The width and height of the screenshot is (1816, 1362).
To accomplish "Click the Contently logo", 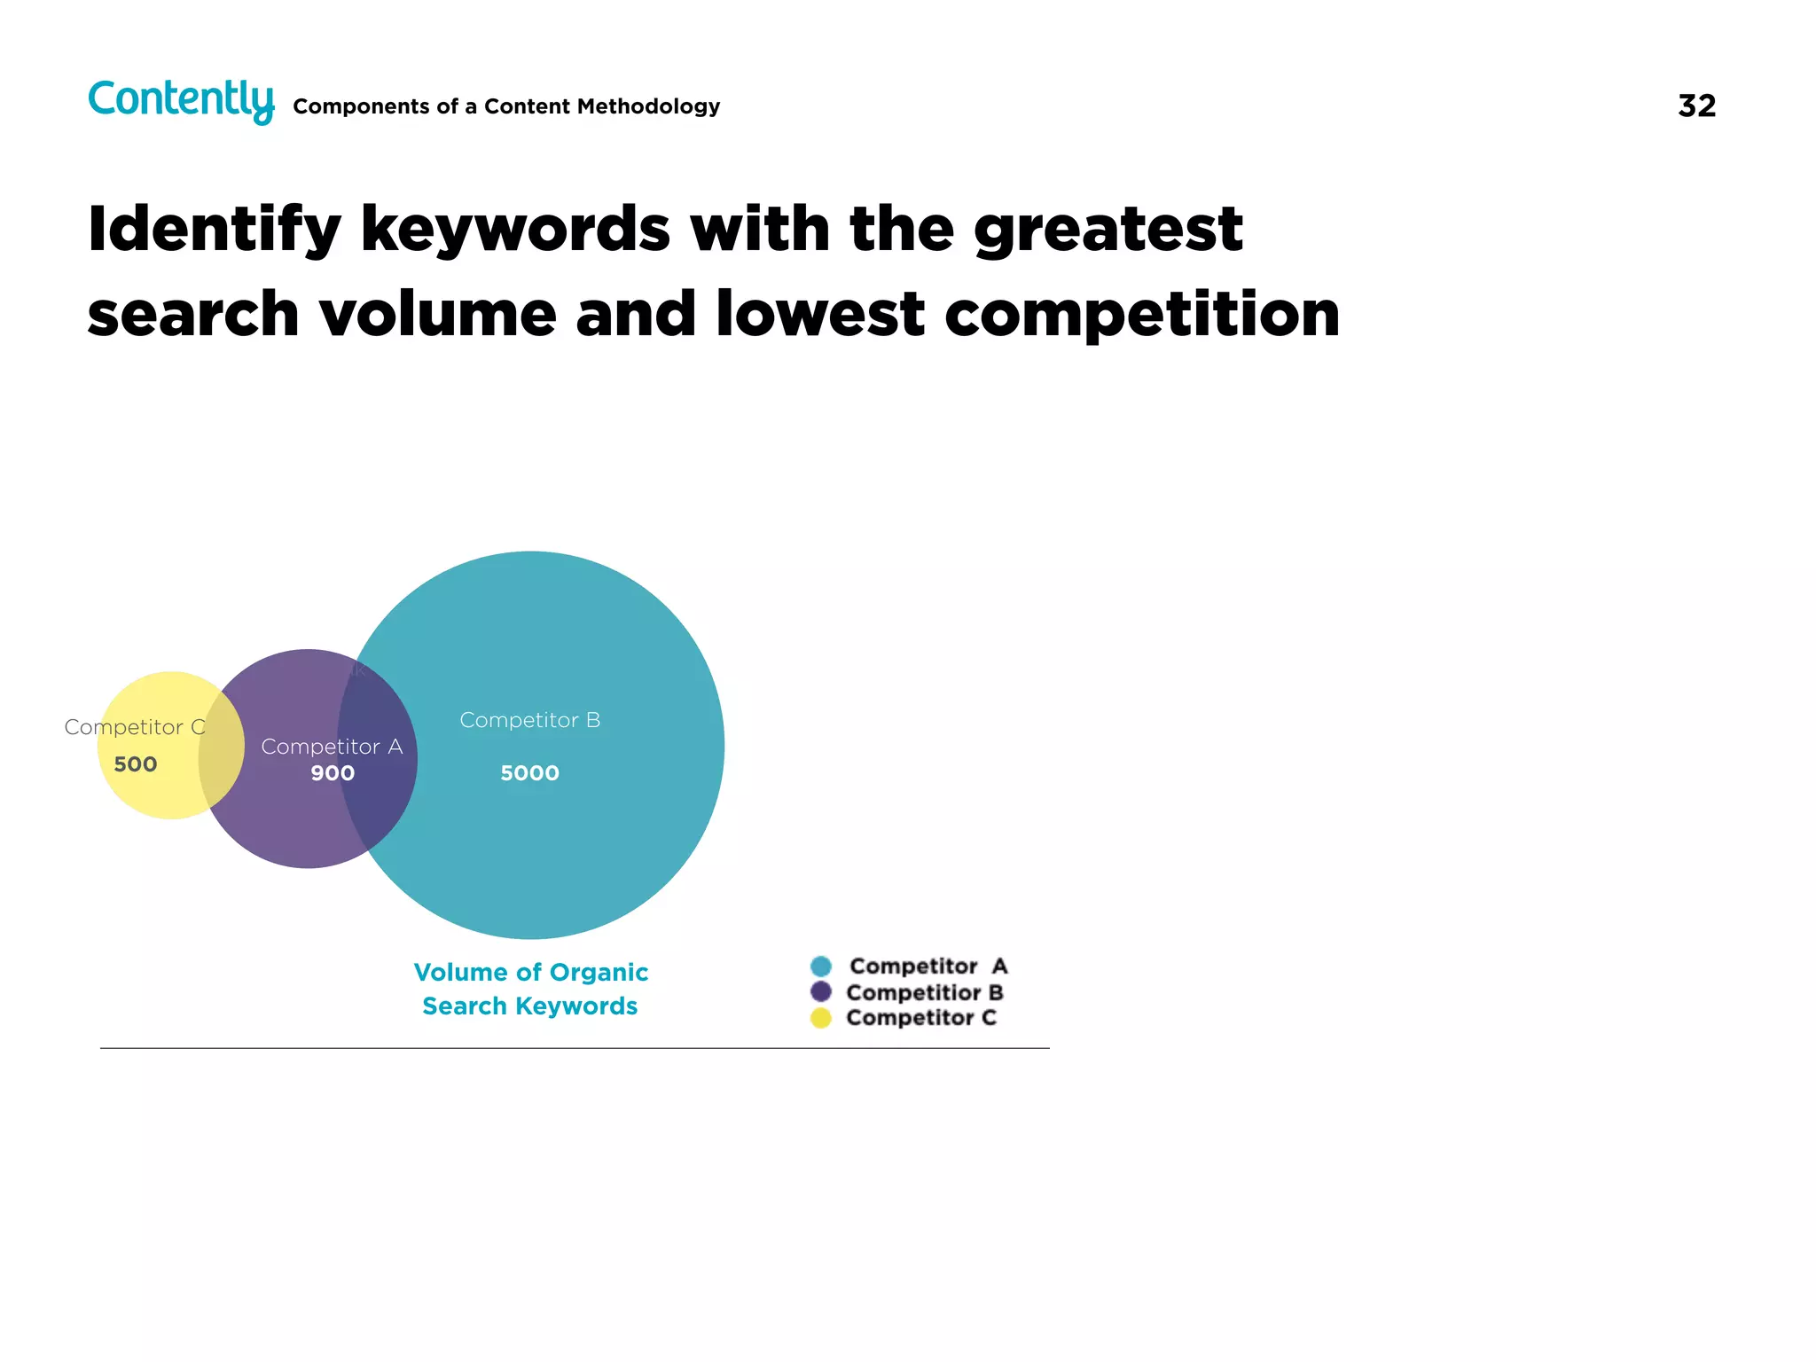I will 181,100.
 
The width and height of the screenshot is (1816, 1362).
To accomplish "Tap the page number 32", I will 1696,106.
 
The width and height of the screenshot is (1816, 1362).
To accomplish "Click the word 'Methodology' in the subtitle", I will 647,106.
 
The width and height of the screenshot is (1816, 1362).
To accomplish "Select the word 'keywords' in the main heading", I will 514,229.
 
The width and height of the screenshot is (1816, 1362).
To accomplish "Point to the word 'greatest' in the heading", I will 1108,231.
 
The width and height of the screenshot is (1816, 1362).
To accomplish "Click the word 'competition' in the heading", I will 1142,315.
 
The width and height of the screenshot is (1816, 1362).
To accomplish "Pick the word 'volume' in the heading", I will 437,315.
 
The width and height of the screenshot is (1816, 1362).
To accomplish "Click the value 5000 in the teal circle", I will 529,773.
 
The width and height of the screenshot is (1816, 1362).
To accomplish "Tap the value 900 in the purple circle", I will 333,773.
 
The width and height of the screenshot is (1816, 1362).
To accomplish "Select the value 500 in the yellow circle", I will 136,764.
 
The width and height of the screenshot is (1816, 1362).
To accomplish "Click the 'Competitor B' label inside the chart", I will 529,720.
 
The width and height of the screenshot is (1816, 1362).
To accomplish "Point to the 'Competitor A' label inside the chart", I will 332,747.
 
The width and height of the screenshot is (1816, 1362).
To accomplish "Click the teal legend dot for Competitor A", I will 821,967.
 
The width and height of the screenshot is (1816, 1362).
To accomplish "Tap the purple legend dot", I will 821,992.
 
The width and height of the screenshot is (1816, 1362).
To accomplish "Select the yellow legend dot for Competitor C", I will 821,1018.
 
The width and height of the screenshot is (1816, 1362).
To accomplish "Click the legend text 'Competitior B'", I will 924,992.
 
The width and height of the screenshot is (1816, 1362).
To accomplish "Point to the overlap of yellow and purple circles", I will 222,746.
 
